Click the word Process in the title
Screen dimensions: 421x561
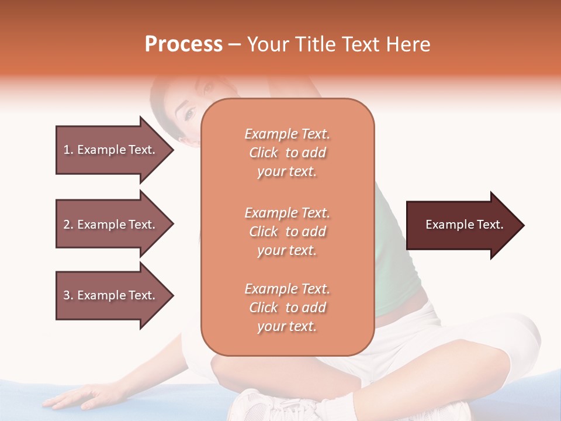click(183, 44)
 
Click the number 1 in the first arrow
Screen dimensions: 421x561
click(66, 150)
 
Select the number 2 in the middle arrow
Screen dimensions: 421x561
click(66, 225)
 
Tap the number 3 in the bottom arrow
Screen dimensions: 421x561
click(66, 295)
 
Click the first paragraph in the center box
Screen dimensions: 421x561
click(287, 153)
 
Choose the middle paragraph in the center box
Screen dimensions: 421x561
click(287, 232)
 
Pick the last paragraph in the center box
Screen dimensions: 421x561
click(287, 308)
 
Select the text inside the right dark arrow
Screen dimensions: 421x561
click(465, 225)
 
